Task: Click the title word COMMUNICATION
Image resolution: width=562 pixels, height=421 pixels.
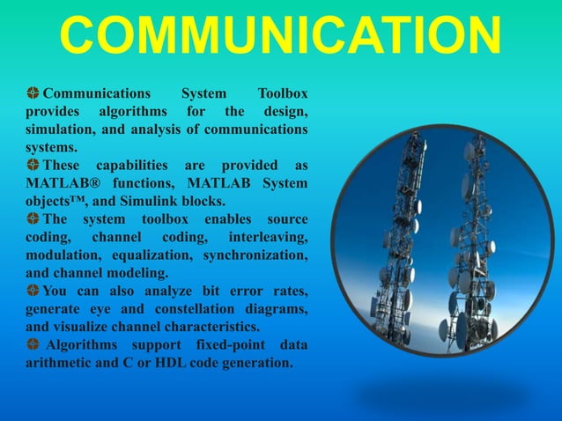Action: pyautogui.click(x=280, y=37)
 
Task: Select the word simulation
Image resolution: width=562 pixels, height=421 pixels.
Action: pyautogui.click(x=59, y=130)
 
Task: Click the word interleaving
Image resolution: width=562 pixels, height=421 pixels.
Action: pyautogui.click(x=268, y=238)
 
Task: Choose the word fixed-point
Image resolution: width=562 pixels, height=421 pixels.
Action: pyautogui.click(x=218, y=344)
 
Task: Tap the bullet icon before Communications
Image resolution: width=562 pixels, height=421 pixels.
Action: pyautogui.click(x=33, y=92)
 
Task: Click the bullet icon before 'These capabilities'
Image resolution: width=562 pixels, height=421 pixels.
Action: pyautogui.click(x=33, y=165)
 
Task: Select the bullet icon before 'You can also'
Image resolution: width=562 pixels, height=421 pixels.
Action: pyautogui.click(x=33, y=291)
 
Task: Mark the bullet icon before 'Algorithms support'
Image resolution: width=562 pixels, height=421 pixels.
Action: pyautogui.click(x=33, y=344)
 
